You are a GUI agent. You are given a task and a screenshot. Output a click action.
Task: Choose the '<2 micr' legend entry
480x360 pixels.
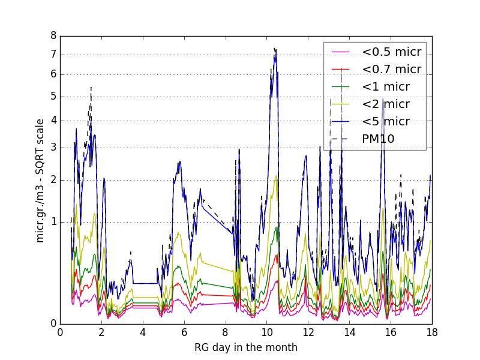(385, 104)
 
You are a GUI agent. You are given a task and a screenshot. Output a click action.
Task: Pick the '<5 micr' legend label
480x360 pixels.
(385, 121)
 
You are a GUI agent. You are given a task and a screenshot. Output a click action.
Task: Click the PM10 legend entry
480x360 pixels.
(378, 139)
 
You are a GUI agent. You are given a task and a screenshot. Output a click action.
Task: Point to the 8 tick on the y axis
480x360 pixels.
(53, 36)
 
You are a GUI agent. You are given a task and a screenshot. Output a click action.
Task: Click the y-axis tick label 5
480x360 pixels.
(53, 97)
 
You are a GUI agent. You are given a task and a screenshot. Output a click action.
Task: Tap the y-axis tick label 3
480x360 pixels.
(53, 148)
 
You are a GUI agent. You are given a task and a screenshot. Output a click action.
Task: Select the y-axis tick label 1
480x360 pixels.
(53, 222)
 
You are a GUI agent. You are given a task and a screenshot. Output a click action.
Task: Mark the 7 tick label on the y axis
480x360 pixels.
(53, 55)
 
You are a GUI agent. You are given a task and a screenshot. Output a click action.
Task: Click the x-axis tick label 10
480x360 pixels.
(266, 332)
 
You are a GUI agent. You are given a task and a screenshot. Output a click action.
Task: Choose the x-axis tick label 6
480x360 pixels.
(184, 332)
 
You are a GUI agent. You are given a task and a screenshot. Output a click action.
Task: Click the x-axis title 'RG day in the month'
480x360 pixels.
(245, 347)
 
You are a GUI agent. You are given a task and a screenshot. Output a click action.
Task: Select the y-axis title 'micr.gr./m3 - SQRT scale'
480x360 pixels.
(40, 180)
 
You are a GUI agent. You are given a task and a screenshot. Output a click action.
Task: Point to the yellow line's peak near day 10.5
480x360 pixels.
(276, 176)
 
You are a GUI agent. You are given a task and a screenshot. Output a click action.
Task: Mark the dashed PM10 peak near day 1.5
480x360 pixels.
(91, 88)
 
